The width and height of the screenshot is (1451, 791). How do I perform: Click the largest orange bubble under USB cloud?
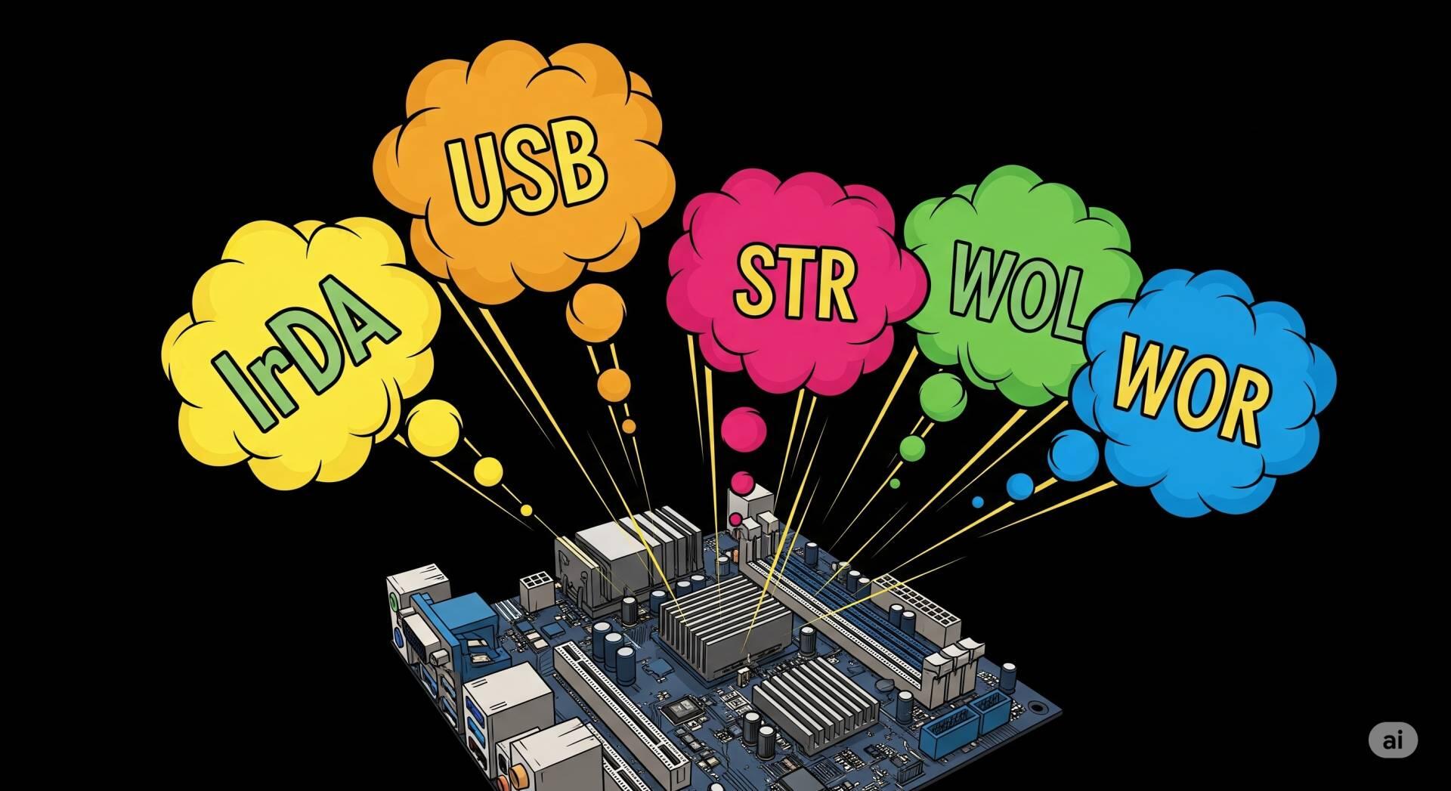pos(596,311)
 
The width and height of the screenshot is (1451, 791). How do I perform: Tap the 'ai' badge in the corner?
pos(1392,740)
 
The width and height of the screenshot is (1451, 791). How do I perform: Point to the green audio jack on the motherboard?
pos(394,603)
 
